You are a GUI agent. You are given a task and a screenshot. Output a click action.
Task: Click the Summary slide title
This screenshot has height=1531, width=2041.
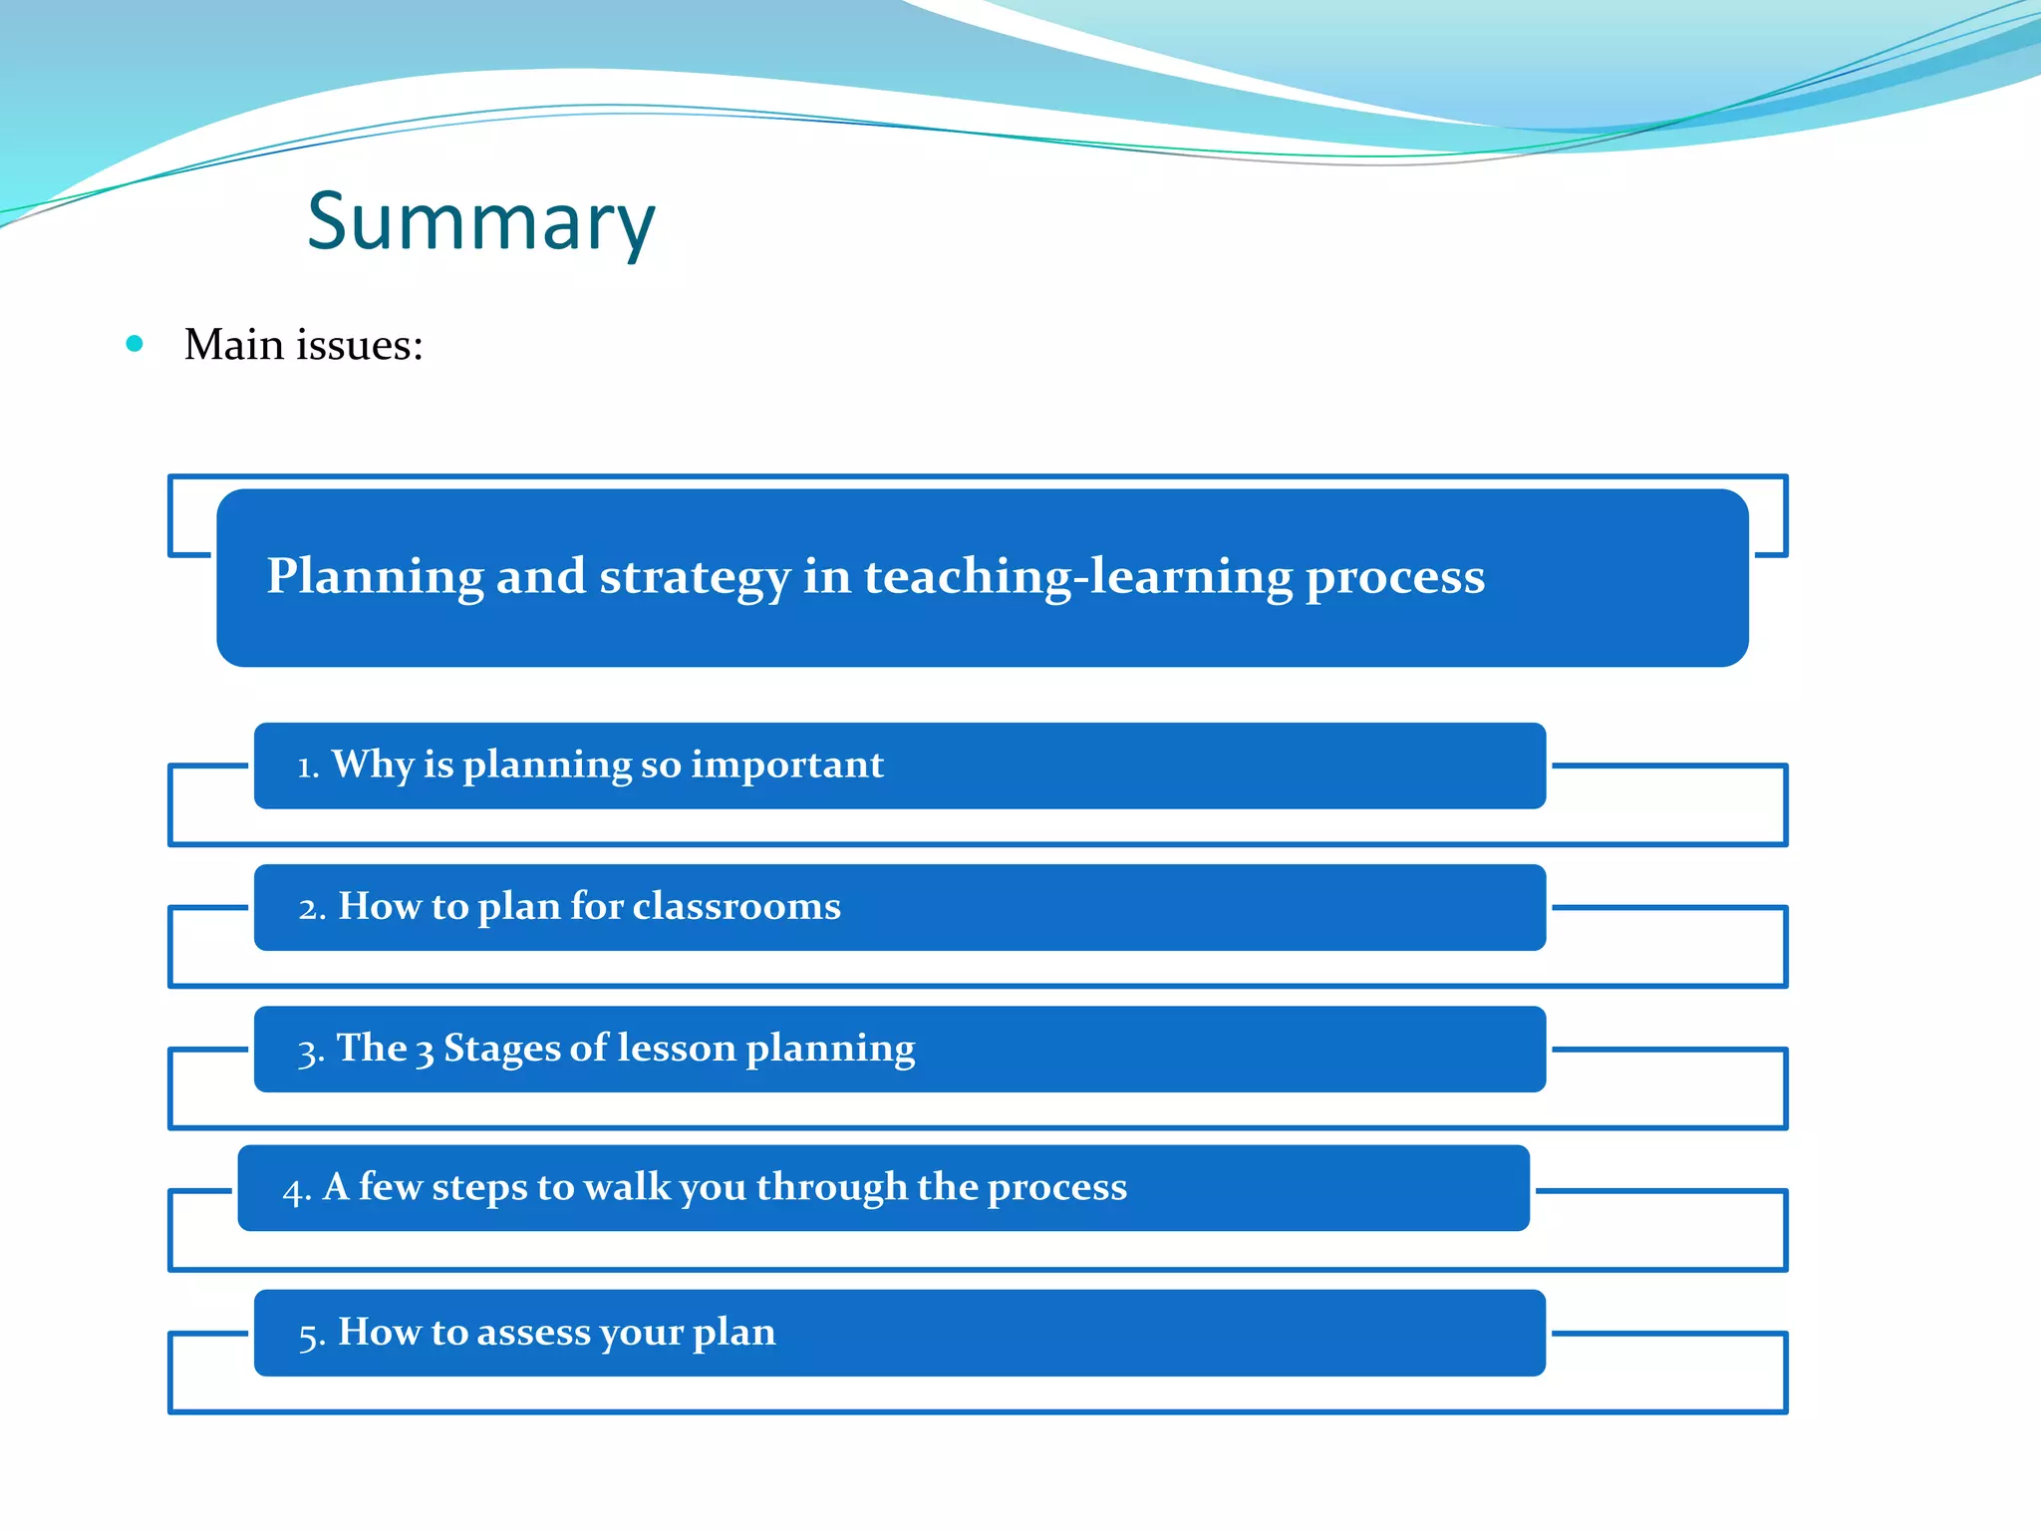[480, 221]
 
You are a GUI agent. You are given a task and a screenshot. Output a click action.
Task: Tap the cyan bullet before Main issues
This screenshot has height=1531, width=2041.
[135, 345]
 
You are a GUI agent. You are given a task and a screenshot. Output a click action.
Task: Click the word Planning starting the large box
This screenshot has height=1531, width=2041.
[375, 578]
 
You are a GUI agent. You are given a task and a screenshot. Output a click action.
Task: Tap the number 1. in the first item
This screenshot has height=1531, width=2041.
[308, 766]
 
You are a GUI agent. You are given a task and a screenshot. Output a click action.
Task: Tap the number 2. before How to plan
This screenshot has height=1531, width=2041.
[312, 908]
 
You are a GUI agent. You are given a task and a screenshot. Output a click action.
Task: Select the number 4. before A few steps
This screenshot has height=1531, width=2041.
[297, 1190]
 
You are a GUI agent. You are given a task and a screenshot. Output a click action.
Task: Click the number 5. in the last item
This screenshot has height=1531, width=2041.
[312, 1335]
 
